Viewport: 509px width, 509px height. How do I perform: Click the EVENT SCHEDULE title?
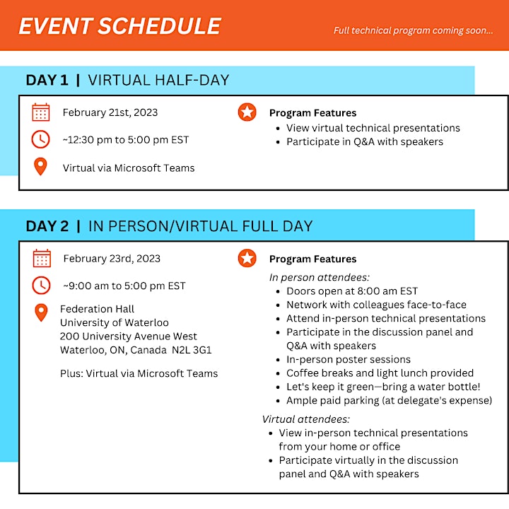(119, 26)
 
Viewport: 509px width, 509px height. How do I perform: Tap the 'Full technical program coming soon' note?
(414, 30)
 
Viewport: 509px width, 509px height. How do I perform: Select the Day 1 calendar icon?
(41, 112)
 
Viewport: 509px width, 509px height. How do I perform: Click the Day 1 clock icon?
(40, 139)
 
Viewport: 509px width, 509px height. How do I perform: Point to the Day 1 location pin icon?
(40, 166)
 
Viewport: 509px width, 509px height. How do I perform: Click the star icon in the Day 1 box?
(247, 112)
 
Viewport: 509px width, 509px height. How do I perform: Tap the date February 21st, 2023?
(110, 112)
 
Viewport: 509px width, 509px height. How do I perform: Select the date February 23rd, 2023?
(112, 259)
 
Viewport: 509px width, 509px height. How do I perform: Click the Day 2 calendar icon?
(42, 259)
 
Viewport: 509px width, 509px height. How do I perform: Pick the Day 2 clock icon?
(41, 286)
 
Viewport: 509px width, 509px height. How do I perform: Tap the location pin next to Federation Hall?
(41, 312)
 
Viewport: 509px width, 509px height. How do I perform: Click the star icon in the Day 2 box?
(247, 258)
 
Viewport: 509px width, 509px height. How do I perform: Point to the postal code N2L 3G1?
(192, 350)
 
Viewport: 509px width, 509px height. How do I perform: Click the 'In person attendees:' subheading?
(320, 277)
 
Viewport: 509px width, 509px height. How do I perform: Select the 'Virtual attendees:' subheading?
(306, 419)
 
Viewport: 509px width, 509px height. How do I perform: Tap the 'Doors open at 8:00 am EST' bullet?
(352, 291)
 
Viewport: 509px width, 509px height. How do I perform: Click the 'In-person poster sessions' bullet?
(349, 359)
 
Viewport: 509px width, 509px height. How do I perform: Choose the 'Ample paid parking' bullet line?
(390, 401)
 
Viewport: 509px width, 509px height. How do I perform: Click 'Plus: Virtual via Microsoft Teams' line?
(139, 373)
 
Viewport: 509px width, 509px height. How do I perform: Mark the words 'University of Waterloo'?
(115, 322)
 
